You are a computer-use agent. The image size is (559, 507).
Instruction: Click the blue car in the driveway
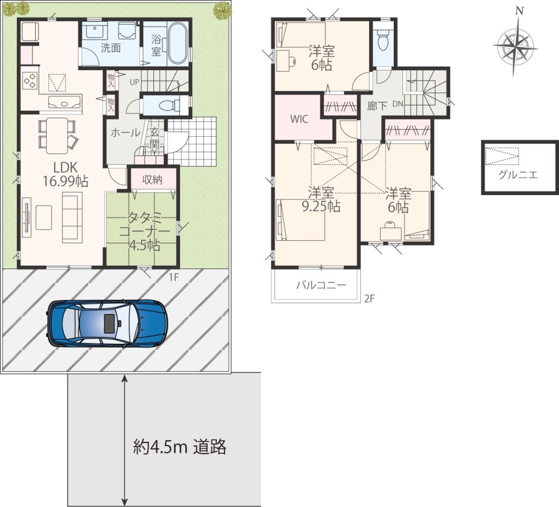pyautogui.click(x=107, y=323)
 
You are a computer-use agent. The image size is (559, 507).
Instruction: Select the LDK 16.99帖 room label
pyautogui.click(x=66, y=174)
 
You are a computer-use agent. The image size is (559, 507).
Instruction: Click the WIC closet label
pyautogui.click(x=299, y=119)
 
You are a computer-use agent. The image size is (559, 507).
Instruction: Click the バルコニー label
pyautogui.click(x=321, y=285)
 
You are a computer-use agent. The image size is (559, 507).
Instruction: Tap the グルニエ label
pyautogui.click(x=518, y=174)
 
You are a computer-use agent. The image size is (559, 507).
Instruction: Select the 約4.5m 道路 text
pyautogui.click(x=179, y=447)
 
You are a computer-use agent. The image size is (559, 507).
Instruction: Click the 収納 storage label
pyautogui.click(x=152, y=180)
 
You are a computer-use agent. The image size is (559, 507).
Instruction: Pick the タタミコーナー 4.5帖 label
pyautogui.click(x=144, y=231)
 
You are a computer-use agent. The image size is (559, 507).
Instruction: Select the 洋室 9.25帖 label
pyautogui.click(x=321, y=199)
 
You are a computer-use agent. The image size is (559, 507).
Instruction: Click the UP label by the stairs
pyautogui.click(x=134, y=82)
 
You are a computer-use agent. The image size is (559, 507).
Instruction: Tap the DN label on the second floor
pyautogui.click(x=398, y=104)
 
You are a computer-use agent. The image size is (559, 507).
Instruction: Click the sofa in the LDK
pyautogui.click(x=72, y=217)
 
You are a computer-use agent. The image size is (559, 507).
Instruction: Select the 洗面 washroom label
pyautogui.click(x=110, y=48)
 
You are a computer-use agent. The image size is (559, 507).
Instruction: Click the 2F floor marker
pyautogui.click(x=370, y=298)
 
